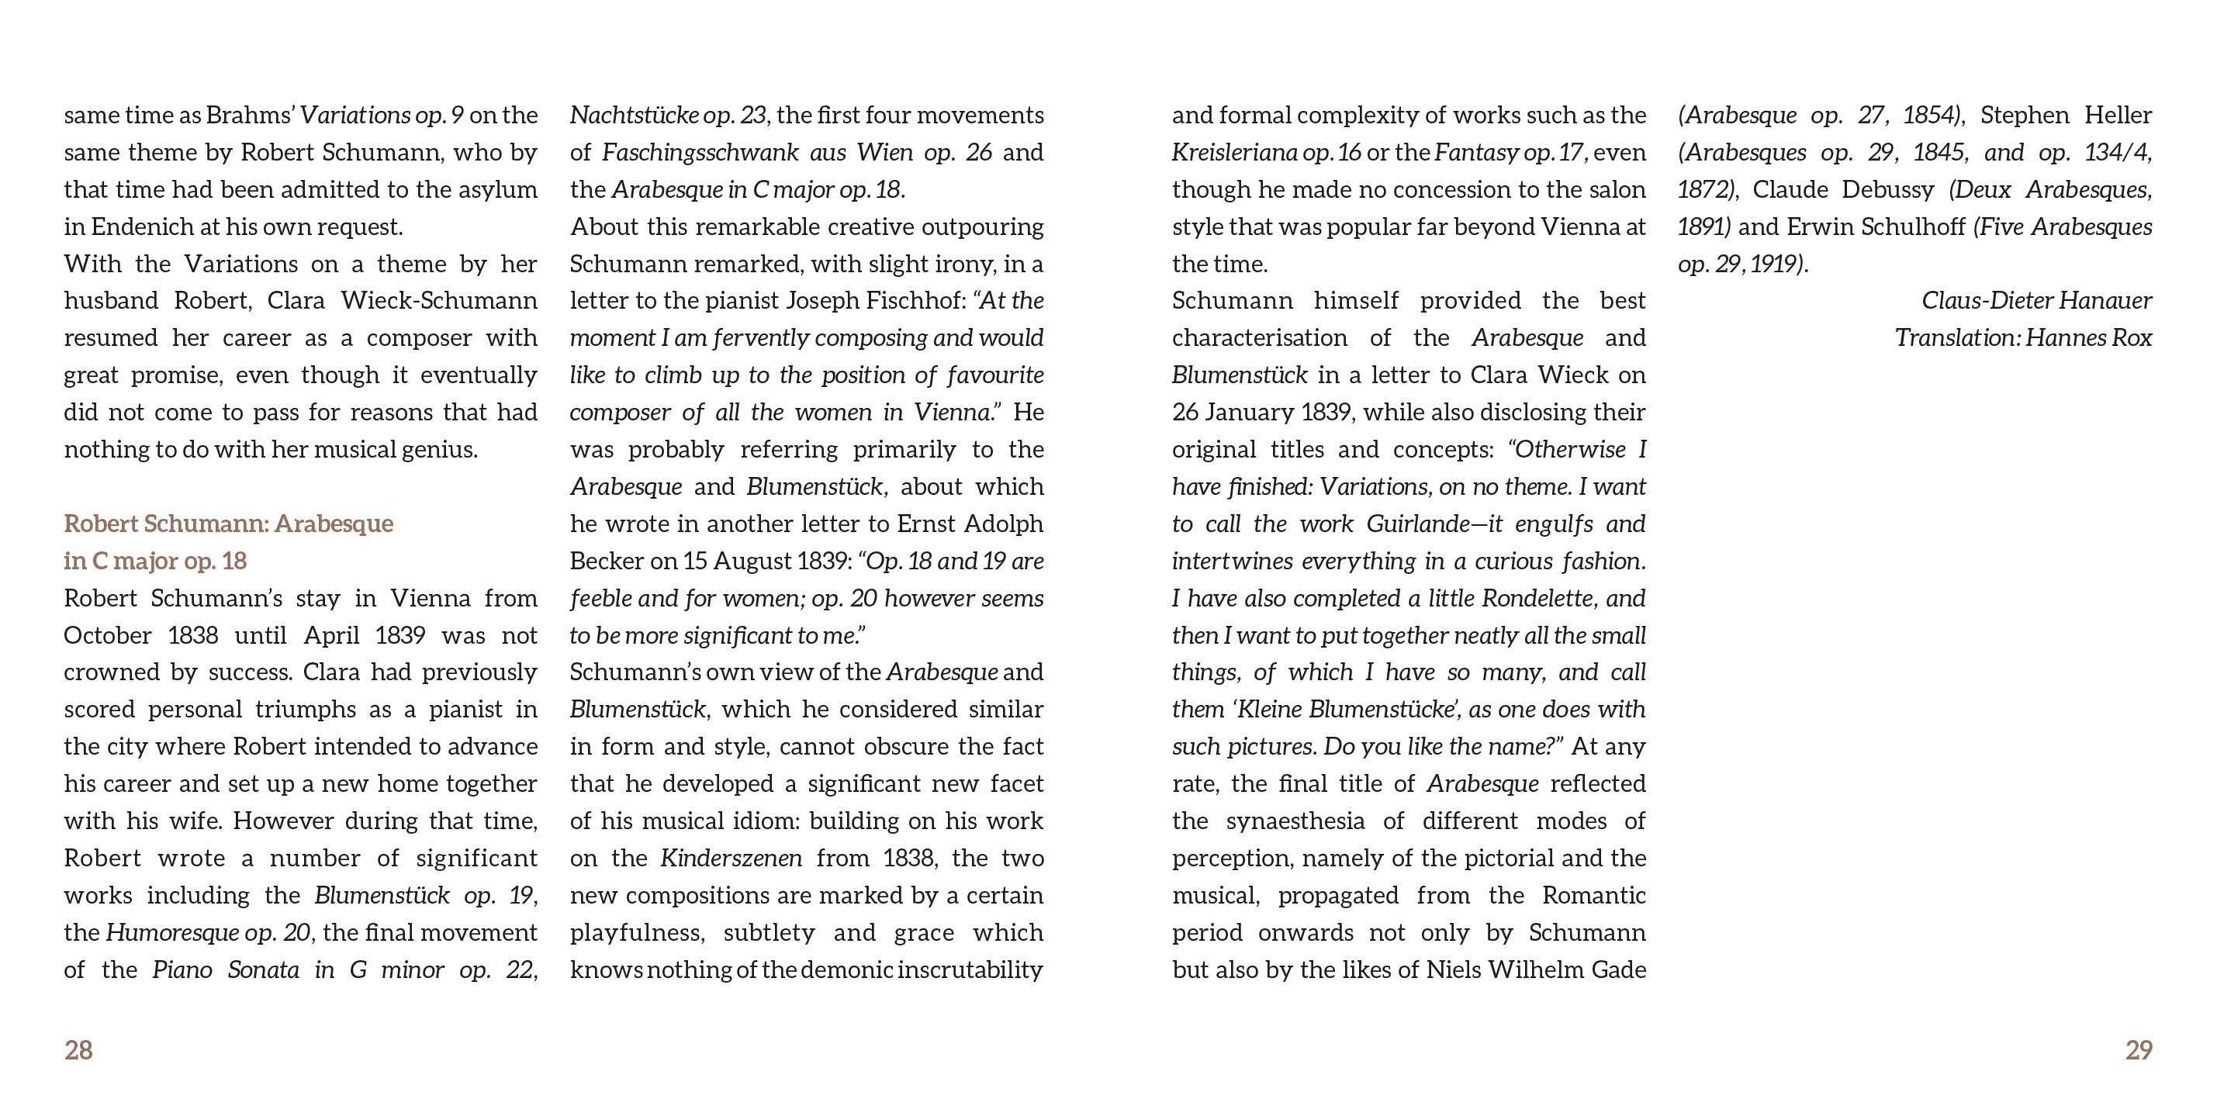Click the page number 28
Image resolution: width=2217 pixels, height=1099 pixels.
tap(78, 1050)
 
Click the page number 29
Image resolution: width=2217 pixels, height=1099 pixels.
tap(2138, 1050)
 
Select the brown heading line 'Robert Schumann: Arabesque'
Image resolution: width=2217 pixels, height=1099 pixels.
tap(228, 524)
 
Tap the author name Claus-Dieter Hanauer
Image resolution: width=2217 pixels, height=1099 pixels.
tap(2036, 300)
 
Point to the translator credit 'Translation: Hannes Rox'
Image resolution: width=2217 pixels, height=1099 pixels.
tap(2022, 337)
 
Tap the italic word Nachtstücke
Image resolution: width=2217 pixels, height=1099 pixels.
tap(634, 116)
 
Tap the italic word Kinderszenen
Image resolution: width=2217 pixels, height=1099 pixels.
tap(731, 858)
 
